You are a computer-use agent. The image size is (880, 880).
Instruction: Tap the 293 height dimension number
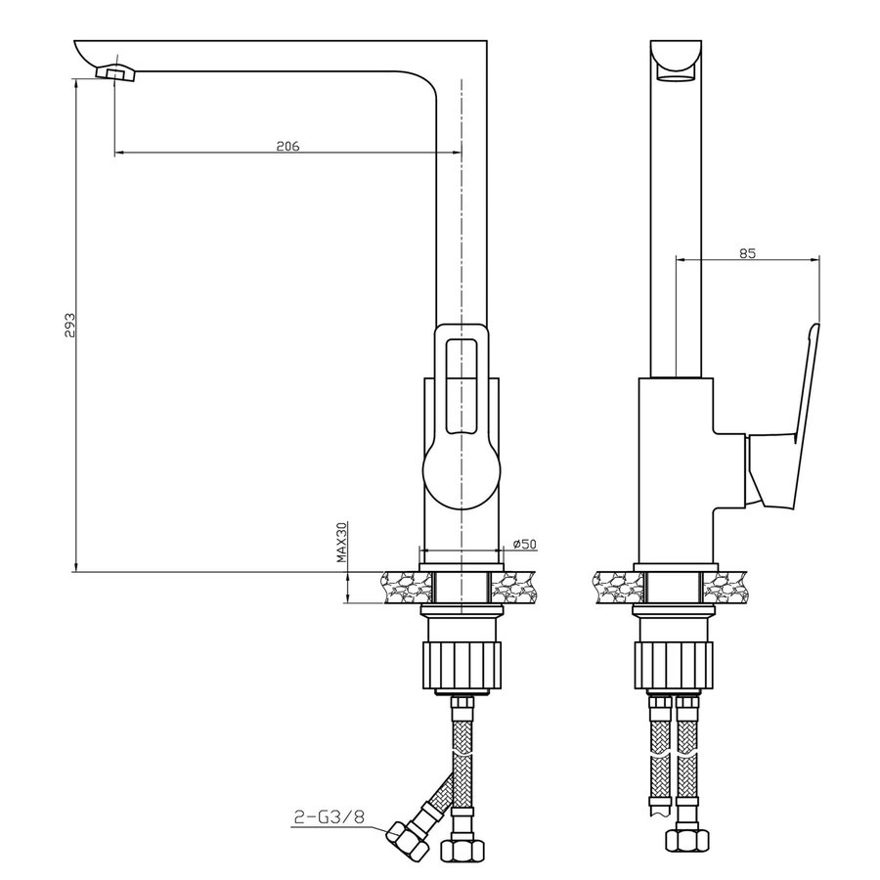[69, 326]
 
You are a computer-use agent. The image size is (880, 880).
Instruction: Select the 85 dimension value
[747, 253]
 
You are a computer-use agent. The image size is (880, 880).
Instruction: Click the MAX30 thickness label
[343, 543]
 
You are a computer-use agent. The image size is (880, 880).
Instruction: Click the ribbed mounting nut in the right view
[673, 666]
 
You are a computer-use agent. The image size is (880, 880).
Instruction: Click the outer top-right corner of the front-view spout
[486, 40]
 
